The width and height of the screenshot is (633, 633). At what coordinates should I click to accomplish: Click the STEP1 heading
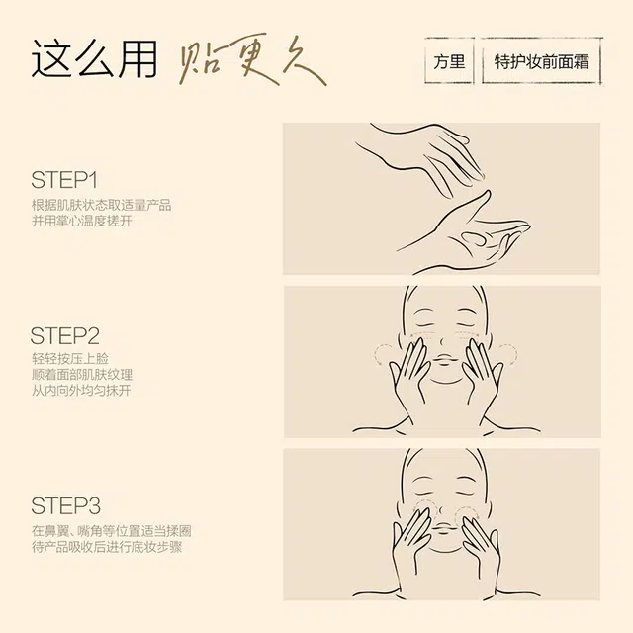tap(64, 180)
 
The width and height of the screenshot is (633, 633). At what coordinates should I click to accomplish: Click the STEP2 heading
tap(64, 336)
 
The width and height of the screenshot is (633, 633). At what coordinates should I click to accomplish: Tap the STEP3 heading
tap(65, 505)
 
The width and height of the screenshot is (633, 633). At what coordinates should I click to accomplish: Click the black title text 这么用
tap(94, 59)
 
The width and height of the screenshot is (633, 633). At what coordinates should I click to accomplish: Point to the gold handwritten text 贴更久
tap(252, 59)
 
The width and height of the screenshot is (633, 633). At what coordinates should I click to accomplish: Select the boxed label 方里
tap(449, 61)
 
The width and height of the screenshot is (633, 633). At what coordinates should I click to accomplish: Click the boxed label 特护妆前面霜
tap(541, 61)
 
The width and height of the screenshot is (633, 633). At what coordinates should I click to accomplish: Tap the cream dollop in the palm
tap(474, 238)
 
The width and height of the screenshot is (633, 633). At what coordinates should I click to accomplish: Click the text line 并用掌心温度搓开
tap(82, 221)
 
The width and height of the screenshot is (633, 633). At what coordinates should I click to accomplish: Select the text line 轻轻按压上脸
tap(70, 358)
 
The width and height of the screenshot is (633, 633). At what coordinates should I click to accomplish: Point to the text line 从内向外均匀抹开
tap(81, 391)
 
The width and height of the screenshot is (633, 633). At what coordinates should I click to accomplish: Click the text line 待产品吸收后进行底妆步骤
tap(107, 547)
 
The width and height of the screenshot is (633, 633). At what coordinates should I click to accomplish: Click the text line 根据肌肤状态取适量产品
tap(101, 205)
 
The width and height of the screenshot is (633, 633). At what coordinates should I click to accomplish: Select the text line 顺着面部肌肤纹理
tap(82, 375)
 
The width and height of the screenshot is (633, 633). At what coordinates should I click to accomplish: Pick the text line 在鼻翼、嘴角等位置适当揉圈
tap(112, 531)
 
